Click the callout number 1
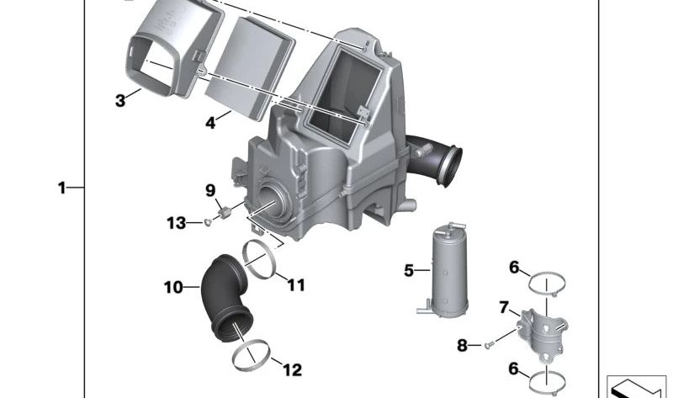61,188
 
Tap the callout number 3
121,101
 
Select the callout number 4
211,123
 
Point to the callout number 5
409,270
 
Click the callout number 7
504,308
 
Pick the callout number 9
211,190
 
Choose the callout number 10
173,288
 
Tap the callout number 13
176,222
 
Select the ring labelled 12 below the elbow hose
251,355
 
